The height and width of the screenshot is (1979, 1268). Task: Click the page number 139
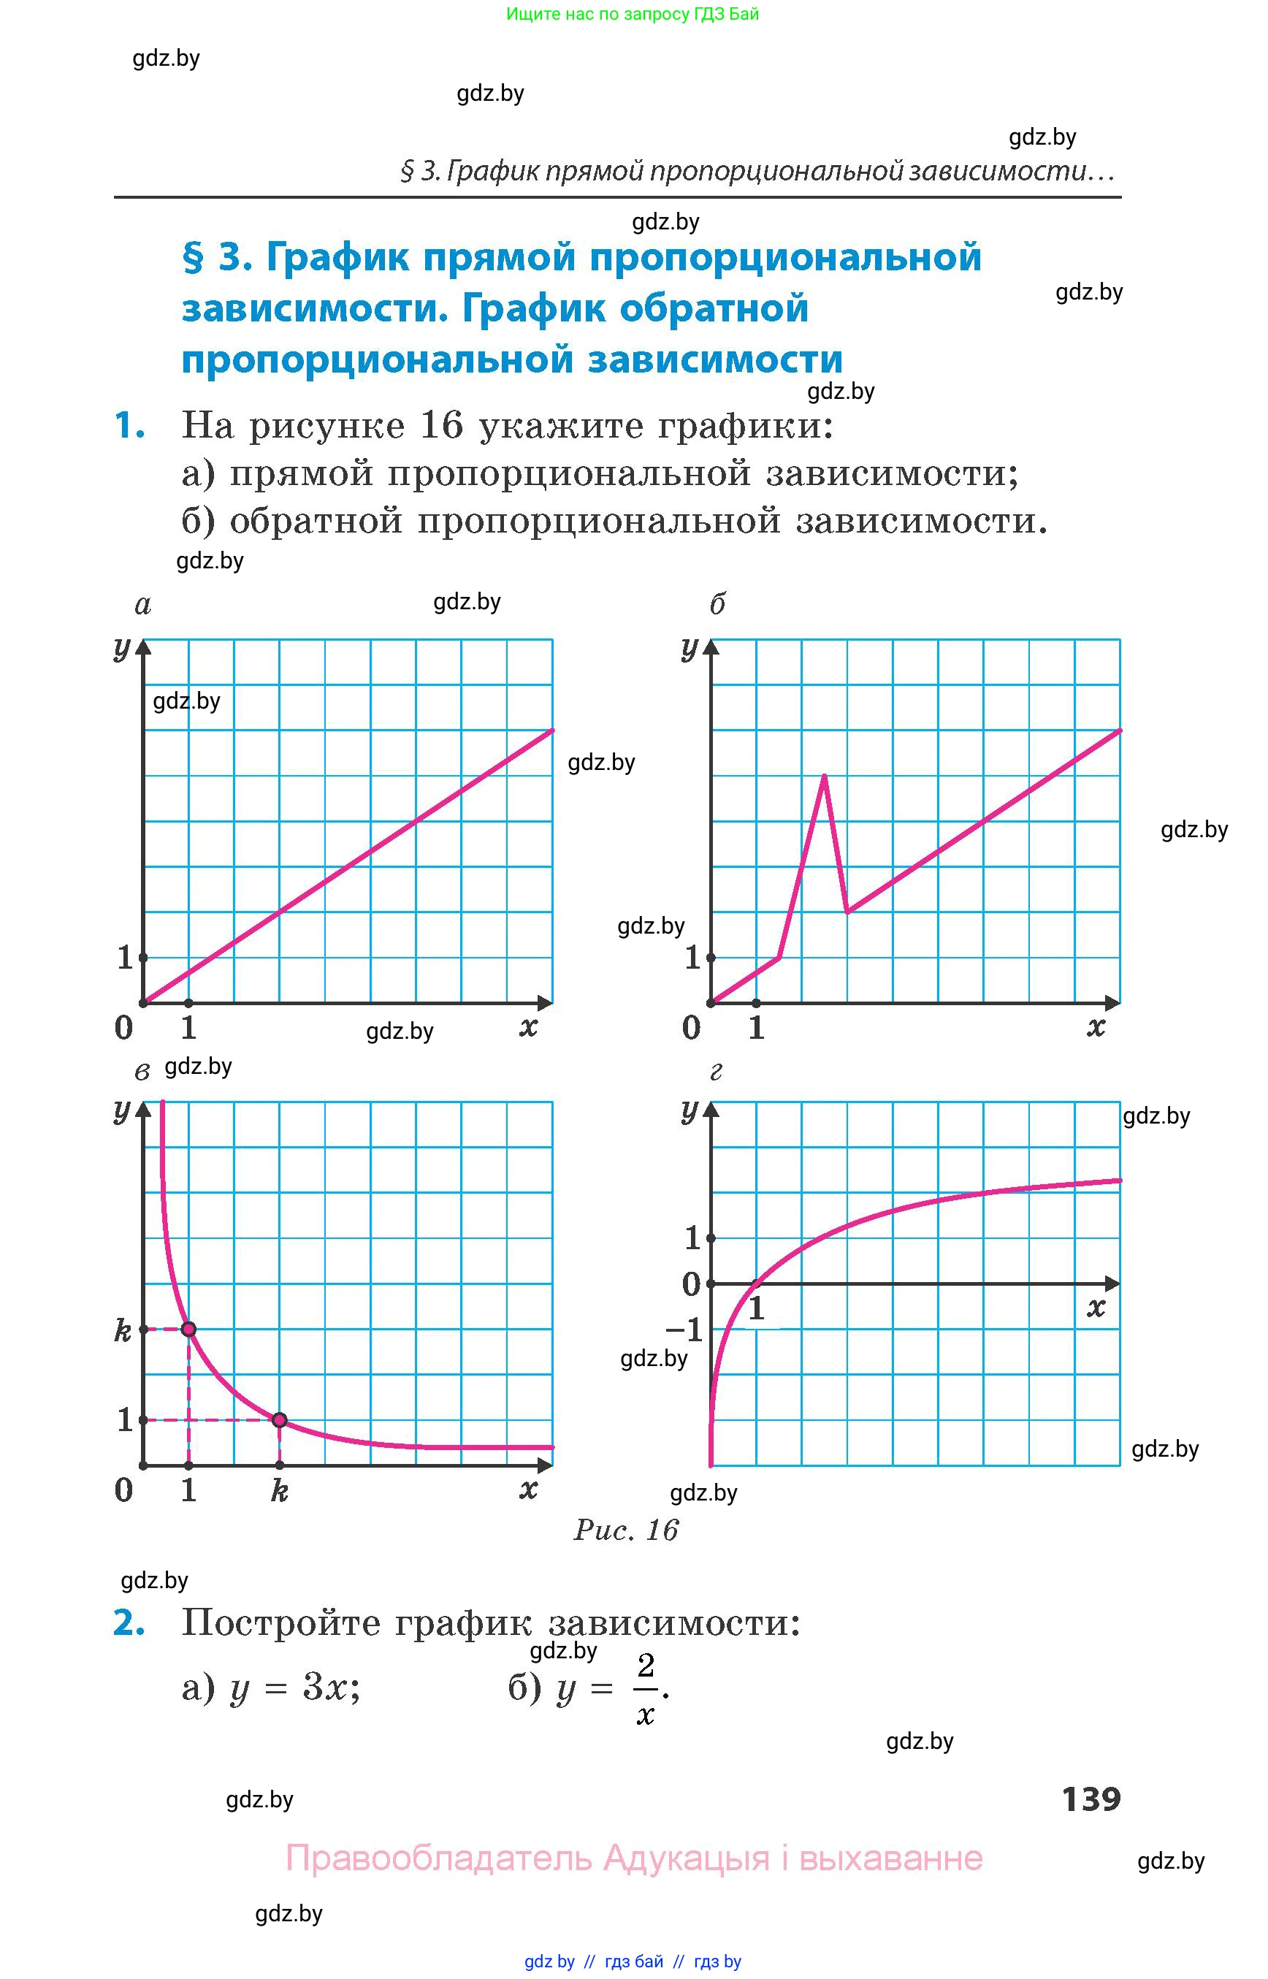(x=1091, y=1799)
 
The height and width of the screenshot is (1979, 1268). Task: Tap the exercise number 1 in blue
(x=129, y=426)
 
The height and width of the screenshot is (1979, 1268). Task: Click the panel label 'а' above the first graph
(x=142, y=606)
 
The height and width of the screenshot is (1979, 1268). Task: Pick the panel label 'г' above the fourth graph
(x=716, y=1071)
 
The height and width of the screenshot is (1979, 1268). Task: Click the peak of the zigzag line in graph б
(x=824, y=776)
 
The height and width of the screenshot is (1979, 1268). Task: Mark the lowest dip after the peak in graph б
(x=847, y=911)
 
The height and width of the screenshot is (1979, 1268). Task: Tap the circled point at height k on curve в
(x=188, y=1330)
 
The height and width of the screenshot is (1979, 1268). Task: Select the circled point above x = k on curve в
(x=280, y=1420)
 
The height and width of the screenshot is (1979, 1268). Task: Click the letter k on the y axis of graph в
(x=123, y=1330)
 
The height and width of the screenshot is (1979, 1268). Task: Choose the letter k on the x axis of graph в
(x=280, y=1490)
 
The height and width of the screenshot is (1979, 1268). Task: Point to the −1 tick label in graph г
(x=684, y=1330)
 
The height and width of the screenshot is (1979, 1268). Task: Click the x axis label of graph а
(x=529, y=1027)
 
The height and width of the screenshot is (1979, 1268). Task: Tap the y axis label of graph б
(x=690, y=648)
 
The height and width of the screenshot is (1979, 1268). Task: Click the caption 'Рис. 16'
(x=626, y=1530)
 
